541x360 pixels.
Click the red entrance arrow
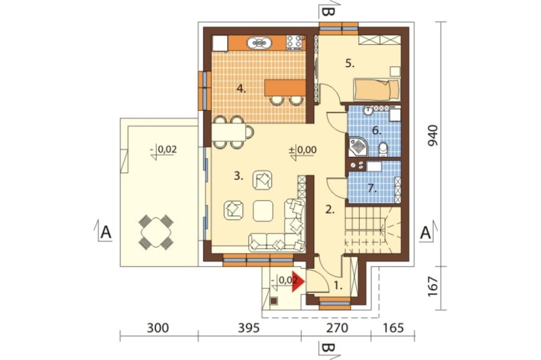(298, 282)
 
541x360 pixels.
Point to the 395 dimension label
(248, 328)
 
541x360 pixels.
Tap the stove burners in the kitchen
(294, 43)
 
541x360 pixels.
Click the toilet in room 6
(383, 149)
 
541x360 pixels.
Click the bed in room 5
(377, 89)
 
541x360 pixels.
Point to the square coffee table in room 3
(263, 211)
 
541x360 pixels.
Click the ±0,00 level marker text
(302, 150)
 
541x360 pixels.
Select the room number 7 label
(371, 188)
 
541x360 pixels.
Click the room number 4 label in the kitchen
(241, 89)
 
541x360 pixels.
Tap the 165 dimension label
(393, 328)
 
